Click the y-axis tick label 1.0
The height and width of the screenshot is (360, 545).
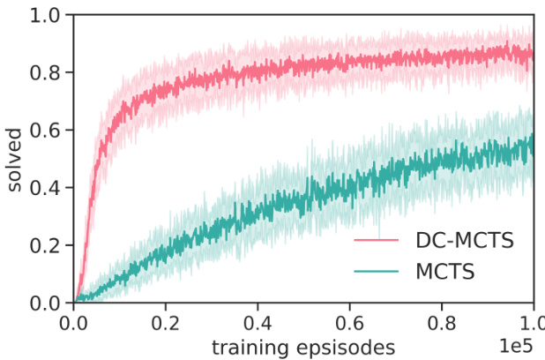[45, 15]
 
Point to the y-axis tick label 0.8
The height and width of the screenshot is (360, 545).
[45, 72]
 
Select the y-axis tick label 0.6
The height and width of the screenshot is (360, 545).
[45, 130]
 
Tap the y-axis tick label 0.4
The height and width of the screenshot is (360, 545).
[45, 188]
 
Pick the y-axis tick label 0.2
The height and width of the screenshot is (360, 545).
[45, 245]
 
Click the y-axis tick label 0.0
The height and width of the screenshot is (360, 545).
[45, 303]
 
